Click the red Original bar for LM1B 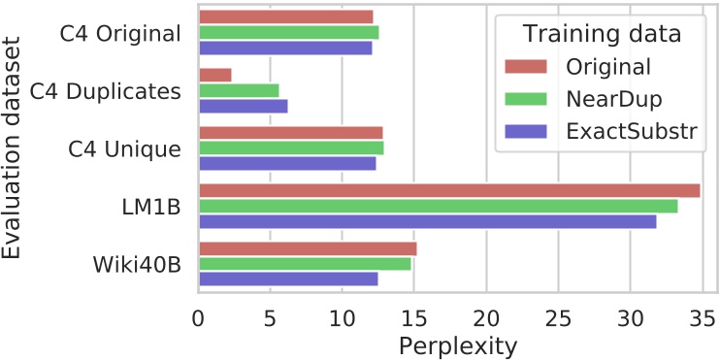(x=449, y=190)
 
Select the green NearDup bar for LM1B (x=438, y=206)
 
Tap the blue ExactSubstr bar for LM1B (x=427, y=221)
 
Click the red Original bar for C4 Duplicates (x=214, y=75)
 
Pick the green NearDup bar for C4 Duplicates (x=239, y=90)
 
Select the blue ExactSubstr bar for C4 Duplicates (x=243, y=106)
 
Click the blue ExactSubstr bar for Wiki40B (x=288, y=279)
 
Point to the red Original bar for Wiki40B (x=308, y=248)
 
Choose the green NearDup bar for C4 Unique (x=291, y=147)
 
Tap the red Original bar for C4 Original (x=286, y=16)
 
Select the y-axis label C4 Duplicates (x=105, y=91)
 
